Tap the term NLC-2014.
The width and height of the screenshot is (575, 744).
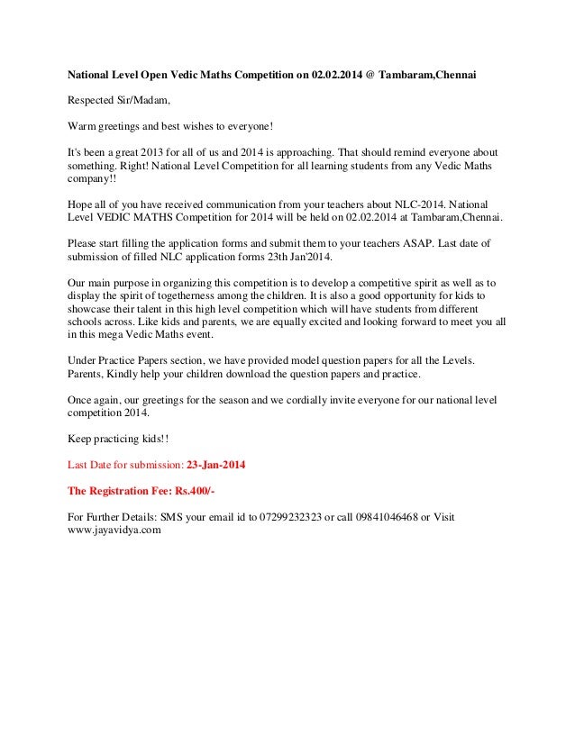tap(429, 204)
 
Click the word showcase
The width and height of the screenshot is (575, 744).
tap(94, 308)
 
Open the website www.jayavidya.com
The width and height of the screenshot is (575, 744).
tap(114, 531)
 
